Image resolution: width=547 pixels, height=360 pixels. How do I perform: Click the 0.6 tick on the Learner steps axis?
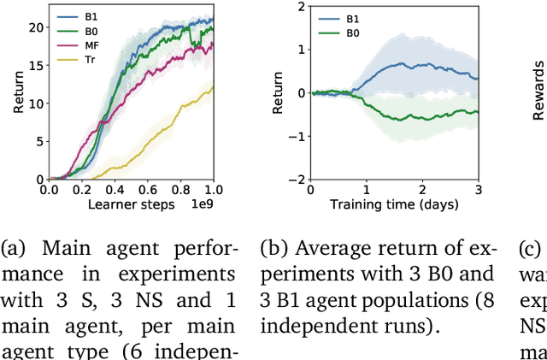tap(147, 189)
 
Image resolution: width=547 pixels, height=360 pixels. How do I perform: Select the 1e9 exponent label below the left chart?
tap(202, 204)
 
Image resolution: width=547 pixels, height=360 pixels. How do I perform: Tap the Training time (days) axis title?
tap(393, 204)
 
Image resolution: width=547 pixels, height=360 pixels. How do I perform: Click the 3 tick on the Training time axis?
tap(477, 189)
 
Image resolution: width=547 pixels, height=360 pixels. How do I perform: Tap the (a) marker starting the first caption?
tap(13, 250)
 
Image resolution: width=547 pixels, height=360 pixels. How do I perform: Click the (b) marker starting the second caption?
tap(273, 250)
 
